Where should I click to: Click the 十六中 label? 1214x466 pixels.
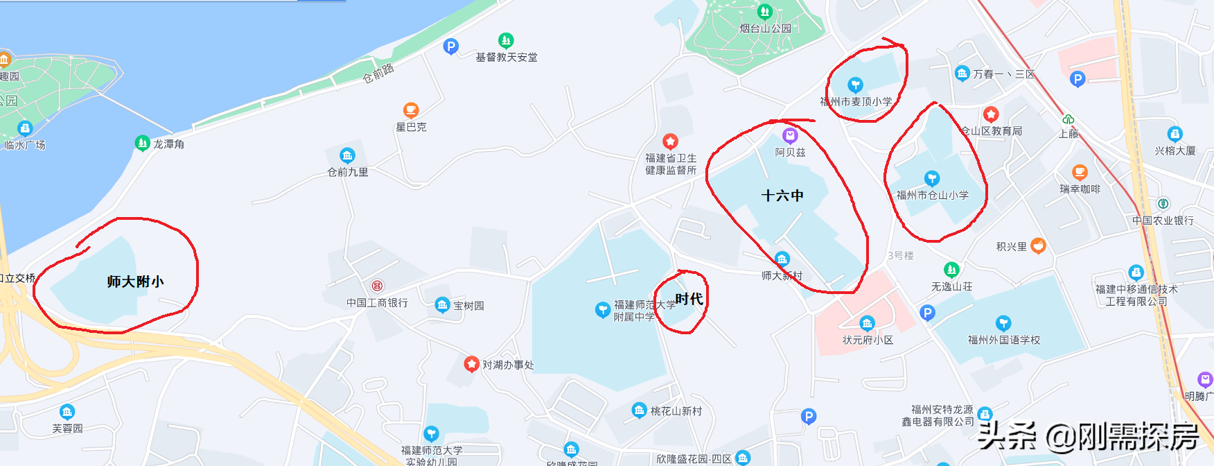click(782, 196)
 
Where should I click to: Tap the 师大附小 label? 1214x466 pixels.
click(135, 282)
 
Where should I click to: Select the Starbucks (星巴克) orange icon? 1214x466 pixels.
click(411, 110)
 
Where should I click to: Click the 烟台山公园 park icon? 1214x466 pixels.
click(765, 12)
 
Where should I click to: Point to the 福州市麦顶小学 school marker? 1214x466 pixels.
click(855, 85)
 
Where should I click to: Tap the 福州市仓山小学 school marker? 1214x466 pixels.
click(932, 178)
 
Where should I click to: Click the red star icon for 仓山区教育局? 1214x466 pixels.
click(991, 114)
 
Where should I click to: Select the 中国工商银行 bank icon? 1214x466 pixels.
click(377, 286)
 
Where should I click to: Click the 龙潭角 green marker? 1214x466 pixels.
click(142, 143)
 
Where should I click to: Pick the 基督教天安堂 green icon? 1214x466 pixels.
click(506, 40)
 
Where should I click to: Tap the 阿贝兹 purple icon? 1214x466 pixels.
click(790, 135)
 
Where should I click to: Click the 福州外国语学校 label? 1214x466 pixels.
click(1003, 340)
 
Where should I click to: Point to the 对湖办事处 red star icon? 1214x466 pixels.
click(471, 364)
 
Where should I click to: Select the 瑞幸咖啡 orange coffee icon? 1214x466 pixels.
click(1080, 172)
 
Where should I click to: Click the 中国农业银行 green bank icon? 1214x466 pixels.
click(1163, 204)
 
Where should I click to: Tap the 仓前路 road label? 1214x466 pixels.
click(378, 73)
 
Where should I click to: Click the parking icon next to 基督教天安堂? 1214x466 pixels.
click(451, 46)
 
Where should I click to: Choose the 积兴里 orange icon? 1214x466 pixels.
click(1038, 245)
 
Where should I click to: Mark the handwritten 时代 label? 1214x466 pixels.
click(689, 299)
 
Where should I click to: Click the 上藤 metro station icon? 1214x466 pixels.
click(1068, 119)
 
